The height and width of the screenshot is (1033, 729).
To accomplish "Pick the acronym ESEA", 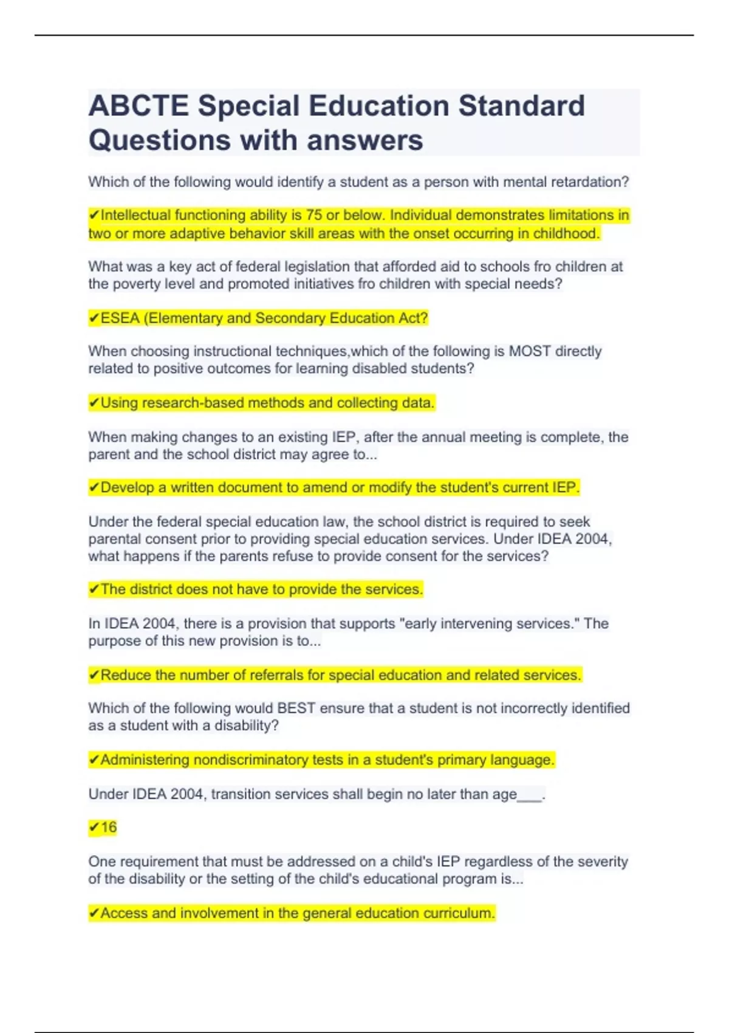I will (x=120, y=318).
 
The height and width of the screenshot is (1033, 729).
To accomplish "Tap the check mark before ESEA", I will (x=94, y=318).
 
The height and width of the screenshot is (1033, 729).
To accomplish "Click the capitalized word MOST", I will (x=530, y=351).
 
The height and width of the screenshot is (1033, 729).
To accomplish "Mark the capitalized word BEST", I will (x=296, y=709).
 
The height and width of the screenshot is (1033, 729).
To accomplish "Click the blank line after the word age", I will (x=530, y=796).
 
